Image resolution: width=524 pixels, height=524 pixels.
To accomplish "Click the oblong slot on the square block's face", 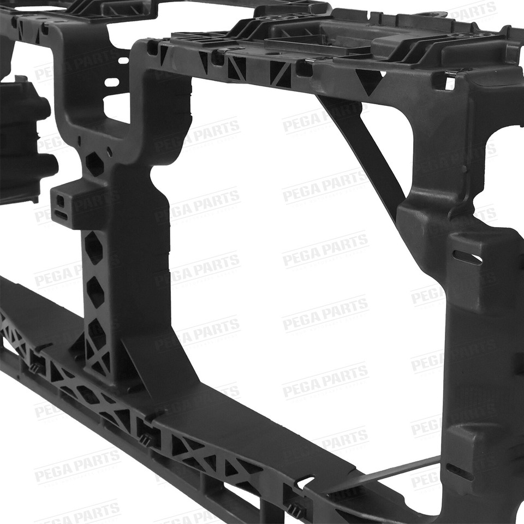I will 61,215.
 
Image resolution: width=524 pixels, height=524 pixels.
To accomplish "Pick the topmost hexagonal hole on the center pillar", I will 94,164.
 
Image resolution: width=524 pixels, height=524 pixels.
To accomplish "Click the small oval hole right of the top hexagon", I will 109,152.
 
